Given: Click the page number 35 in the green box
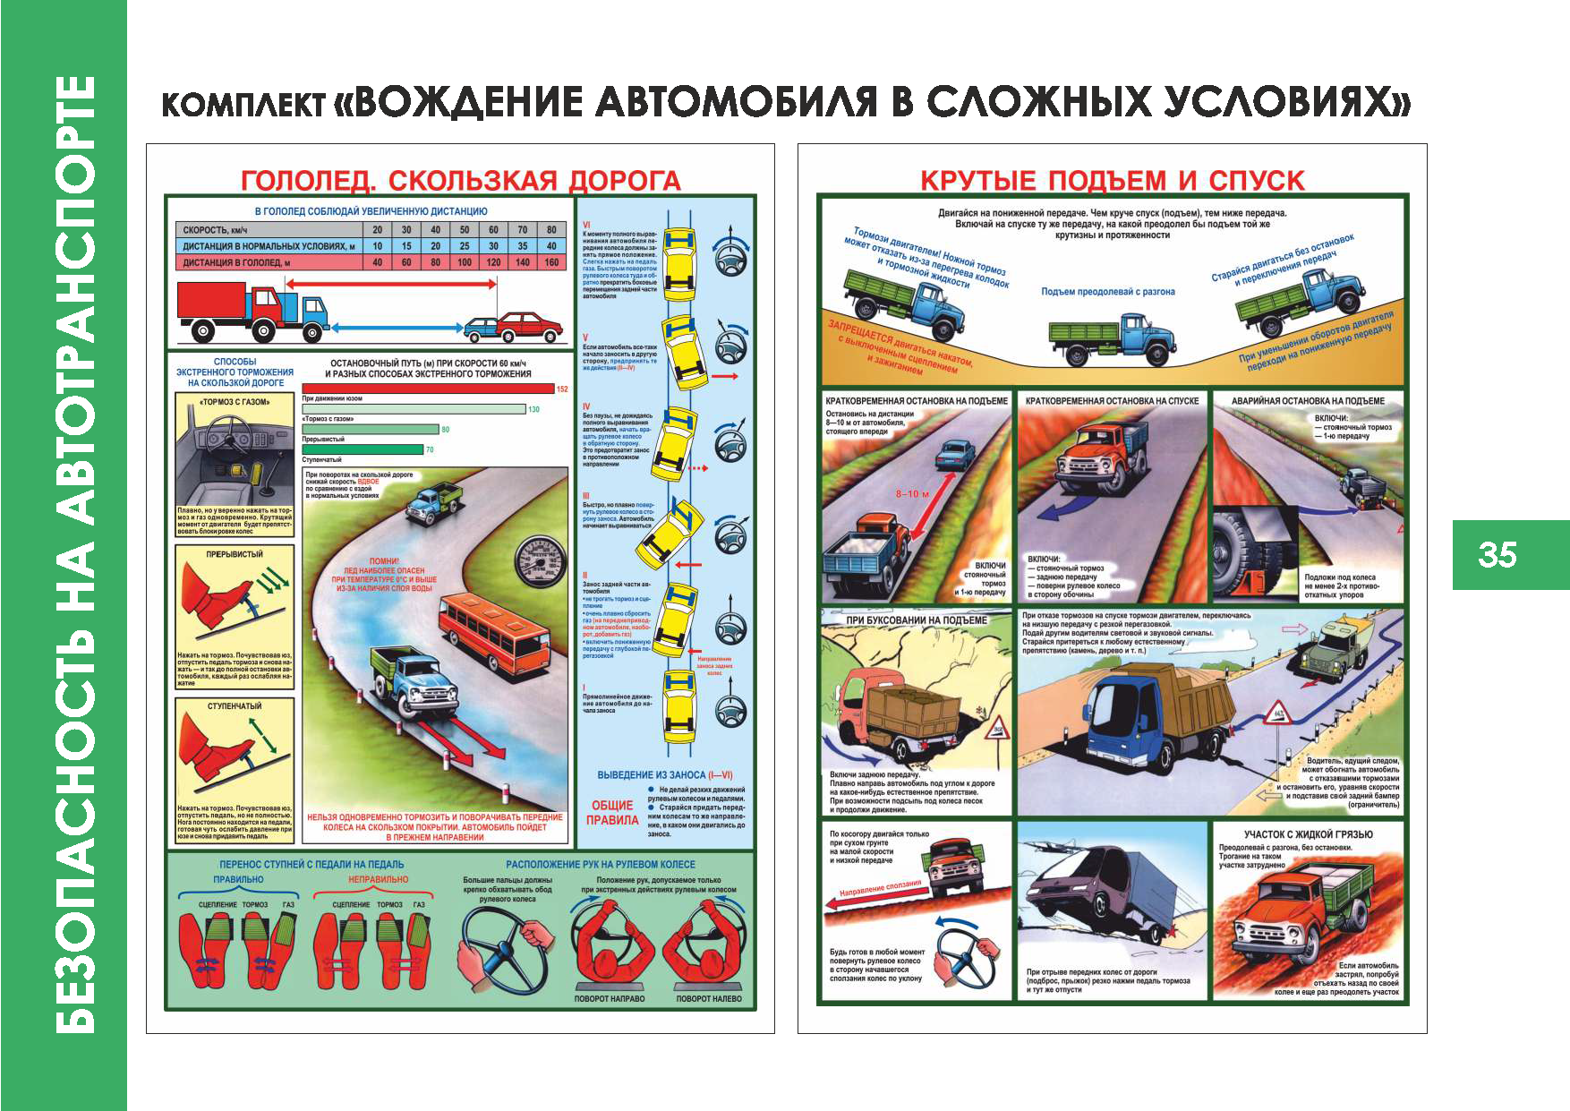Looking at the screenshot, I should pos(1497,555).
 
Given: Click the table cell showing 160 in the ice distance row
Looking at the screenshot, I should pos(551,262).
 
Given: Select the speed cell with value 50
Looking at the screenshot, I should pos(465,230).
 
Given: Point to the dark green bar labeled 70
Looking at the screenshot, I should pos(363,449).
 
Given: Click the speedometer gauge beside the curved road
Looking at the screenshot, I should pos(542,564).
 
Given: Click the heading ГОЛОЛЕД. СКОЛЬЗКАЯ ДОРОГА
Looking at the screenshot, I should pos(460,181).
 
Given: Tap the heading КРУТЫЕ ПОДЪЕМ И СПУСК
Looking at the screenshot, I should pos(1113,181).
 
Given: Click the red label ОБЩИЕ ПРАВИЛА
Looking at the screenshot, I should pos(612,812).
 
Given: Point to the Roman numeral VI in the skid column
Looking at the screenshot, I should pos(586,225).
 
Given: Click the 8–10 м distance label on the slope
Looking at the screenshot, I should pos(912,493).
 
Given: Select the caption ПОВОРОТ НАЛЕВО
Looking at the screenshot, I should pos(708,998).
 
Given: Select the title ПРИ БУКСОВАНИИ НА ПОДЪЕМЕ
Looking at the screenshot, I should pos(917,620).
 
